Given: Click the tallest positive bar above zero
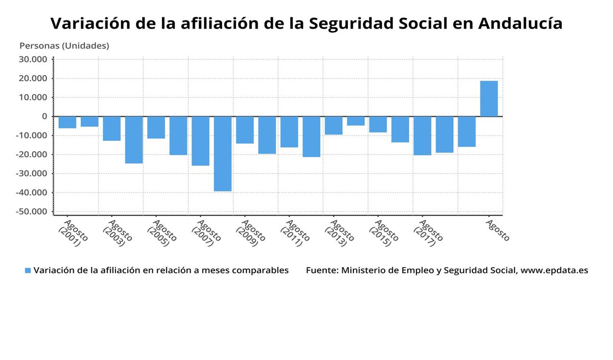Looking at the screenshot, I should tap(489, 99).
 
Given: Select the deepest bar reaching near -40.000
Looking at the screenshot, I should tap(223, 153).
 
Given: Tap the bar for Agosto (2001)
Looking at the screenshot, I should tap(67, 122).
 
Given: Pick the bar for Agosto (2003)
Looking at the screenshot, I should tap(112, 128).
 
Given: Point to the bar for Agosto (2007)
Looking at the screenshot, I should tap(200, 140).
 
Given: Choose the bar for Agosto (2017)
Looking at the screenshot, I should tap(422, 135).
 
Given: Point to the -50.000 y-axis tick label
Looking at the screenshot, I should tap(32, 211).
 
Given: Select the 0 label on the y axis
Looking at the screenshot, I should tap(45, 116).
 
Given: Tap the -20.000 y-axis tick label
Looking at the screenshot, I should tap(32, 154).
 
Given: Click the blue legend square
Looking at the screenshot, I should tap(28, 271).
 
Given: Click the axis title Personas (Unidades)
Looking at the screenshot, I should tap(64, 46).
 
